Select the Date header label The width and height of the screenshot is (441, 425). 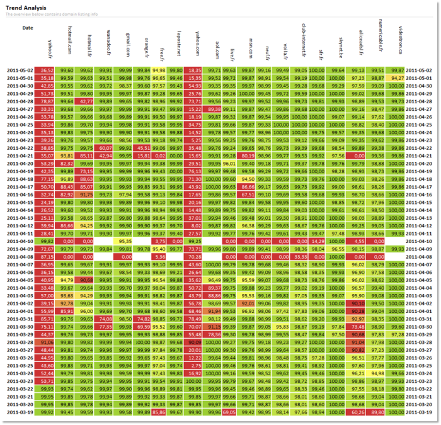[28, 28]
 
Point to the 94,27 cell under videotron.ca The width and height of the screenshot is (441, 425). [397, 77]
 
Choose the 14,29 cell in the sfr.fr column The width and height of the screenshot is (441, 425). [317, 241]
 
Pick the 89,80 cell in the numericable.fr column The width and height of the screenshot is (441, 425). [377, 412]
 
